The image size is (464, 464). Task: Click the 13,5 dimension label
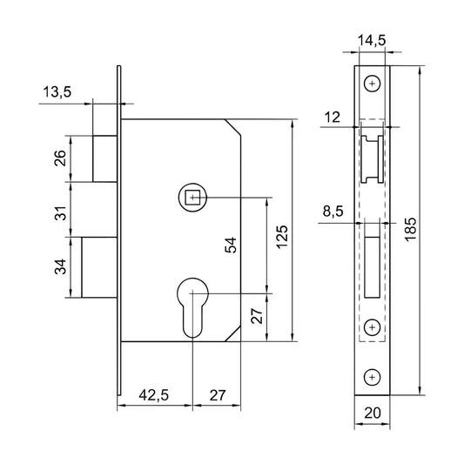(x=57, y=91)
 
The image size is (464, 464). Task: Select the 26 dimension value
(x=60, y=158)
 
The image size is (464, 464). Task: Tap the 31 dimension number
(x=60, y=213)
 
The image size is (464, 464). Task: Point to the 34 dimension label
(x=60, y=267)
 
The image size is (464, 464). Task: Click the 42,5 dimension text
(x=154, y=395)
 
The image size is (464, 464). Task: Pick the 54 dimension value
(x=231, y=245)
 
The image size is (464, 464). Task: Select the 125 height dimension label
(x=282, y=237)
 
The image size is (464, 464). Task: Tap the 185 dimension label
(x=411, y=230)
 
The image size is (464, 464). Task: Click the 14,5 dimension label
(x=372, y=41)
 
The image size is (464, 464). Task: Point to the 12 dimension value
(x=333, y=118)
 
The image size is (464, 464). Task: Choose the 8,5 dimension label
(x=333, y=212)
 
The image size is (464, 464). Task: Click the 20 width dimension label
(x=373, y=414)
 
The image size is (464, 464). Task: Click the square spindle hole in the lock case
(x=192, y=197)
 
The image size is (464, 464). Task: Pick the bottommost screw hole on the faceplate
(x=372, y=377)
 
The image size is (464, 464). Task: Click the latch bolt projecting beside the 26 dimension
(x=104, y=158)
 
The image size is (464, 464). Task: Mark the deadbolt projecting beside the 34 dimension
(x=99, y=267)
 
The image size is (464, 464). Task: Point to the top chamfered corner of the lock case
(x=233, y=128)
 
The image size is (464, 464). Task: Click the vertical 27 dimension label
(x=256, y=316)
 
